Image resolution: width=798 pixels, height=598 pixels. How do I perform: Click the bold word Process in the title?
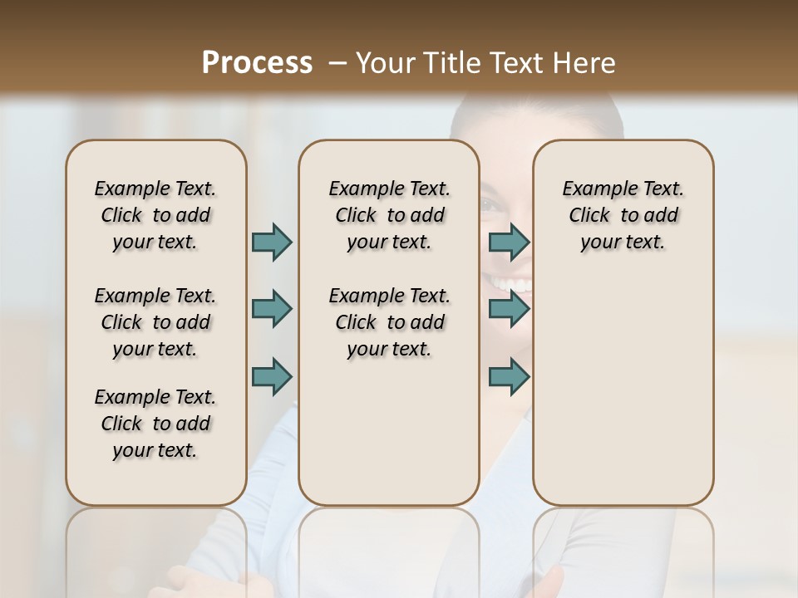257,63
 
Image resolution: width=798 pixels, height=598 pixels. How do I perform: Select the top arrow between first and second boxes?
272,242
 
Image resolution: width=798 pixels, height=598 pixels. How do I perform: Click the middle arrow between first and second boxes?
272,309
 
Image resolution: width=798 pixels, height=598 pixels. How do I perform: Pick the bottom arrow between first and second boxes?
272,376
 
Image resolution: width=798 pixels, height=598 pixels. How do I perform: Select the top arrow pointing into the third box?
509,242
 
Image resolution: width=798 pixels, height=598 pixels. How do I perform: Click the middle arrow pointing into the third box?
509,309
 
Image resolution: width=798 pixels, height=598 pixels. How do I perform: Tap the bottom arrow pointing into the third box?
509,376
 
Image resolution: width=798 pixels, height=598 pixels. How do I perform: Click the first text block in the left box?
155,215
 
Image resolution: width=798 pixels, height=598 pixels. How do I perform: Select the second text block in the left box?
155,322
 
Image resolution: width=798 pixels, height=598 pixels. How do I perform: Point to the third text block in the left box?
155,424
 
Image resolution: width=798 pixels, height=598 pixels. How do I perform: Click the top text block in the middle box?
390,215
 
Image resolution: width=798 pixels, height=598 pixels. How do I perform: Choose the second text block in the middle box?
390,322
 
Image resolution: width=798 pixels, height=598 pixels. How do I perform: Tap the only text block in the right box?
623,215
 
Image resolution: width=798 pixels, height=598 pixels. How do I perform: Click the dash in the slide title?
337,63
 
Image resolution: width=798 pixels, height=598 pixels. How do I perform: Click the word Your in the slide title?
385,63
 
